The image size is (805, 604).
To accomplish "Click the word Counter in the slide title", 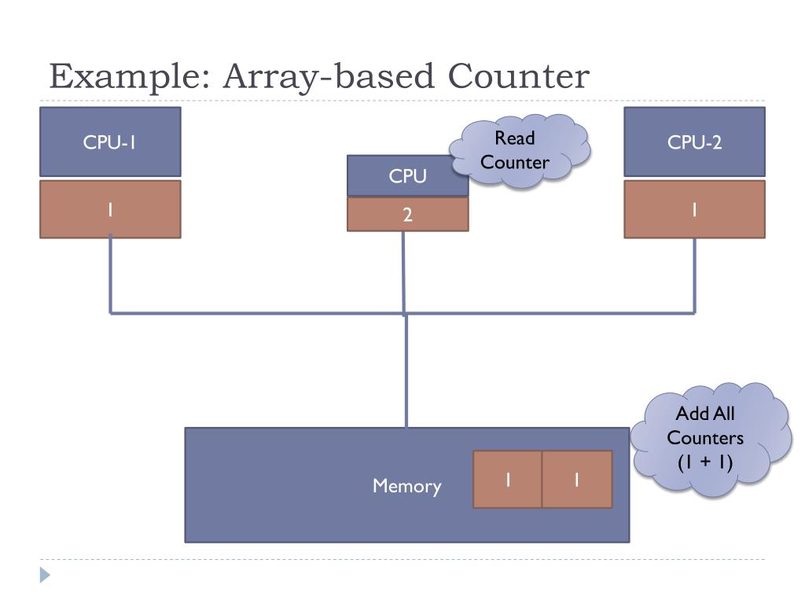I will coord(519,77).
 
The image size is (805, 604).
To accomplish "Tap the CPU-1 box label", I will coord(110,142).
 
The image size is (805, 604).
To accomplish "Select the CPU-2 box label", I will coord(694,142).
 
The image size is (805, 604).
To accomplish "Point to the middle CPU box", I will coord(407,176).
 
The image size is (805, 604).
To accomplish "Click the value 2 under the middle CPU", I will coord(407,215).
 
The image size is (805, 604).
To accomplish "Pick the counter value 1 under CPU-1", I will coord(110,210).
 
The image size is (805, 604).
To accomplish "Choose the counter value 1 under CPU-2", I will coord(694,210).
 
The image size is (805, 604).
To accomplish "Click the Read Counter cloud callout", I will coord(517,151).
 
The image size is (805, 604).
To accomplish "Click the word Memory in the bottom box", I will coord(406,486).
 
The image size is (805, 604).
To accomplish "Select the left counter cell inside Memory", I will coord(508,480).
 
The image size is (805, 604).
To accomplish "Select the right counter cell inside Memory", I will coord(577,480).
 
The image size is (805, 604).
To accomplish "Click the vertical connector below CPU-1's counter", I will coord(110,275).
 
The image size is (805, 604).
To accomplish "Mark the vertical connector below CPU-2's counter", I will coord(694,275).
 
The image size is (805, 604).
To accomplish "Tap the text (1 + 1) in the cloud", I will coord(705,462).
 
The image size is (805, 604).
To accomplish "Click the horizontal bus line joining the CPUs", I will coord(259,313).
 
